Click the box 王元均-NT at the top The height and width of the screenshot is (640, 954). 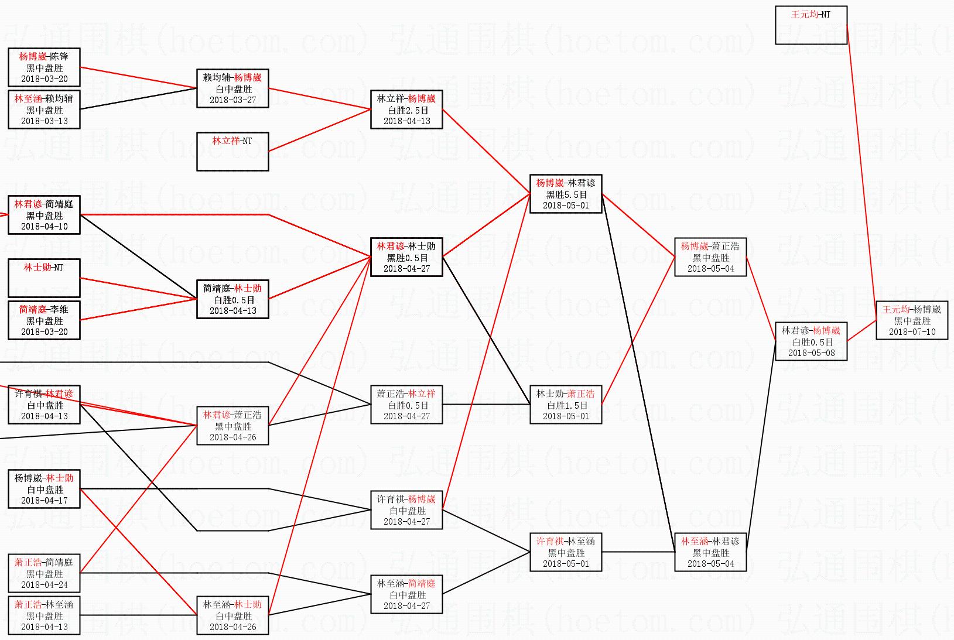(811, 25)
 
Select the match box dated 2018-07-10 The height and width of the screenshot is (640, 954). (912, 320)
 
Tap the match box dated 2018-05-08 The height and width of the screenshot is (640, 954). (811, 341)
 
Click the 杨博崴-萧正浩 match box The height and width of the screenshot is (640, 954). (710, 257)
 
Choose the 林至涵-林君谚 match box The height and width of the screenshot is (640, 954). (710, 552)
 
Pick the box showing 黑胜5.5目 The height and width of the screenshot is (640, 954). (566, 194)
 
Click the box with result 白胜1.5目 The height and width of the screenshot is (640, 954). (566, 405)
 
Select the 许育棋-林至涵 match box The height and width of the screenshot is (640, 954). (566, 552)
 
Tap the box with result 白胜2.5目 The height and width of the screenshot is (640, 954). (406, 109)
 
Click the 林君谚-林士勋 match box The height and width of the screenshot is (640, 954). (406, 257)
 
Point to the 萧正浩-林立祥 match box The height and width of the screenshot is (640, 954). (406, 405)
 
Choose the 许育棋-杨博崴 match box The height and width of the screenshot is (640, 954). (406, 510)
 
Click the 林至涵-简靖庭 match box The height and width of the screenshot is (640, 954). (406, 594)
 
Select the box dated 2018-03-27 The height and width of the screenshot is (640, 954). (232, 88)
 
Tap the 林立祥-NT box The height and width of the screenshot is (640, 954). (232, 152)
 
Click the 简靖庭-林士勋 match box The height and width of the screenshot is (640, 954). (232, 299)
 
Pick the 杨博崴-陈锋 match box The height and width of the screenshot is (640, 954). (44, 67)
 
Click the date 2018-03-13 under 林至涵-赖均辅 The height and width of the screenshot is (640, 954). (45, 121)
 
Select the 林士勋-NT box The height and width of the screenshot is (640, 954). (44, 278)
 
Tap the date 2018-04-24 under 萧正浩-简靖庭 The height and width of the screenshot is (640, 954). (45, 585)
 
